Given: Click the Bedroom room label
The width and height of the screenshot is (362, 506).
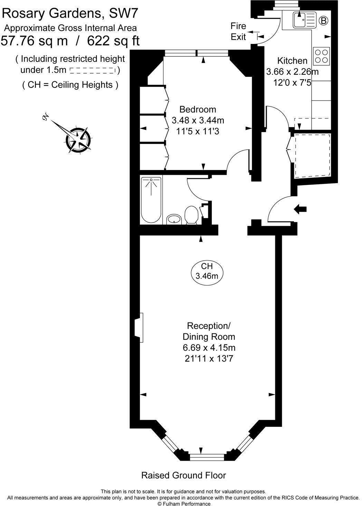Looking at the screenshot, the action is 198,109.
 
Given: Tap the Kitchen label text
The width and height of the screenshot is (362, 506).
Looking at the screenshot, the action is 292,61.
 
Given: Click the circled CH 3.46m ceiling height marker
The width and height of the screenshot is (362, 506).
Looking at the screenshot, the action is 207,271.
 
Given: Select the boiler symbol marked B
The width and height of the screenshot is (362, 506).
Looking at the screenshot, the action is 324,21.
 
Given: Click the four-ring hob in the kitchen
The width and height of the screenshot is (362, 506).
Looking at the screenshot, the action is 321,56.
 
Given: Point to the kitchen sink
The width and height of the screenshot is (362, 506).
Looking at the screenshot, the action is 305,20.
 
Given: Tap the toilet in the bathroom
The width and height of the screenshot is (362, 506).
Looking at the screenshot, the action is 191,215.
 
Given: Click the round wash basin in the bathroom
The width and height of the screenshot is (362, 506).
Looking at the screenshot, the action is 174,219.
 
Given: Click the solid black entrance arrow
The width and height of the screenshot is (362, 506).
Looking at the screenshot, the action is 300,209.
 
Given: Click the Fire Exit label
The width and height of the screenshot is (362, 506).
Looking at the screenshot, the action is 238,31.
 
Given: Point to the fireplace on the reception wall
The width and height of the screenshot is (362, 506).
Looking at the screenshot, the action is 139,328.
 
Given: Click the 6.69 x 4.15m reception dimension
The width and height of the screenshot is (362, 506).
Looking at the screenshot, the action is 209,347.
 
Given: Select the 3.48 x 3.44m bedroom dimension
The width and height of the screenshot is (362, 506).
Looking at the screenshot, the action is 198,120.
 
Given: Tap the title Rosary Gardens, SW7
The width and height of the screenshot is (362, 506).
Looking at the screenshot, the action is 69,13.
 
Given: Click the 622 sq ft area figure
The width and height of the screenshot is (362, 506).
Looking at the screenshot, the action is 113,41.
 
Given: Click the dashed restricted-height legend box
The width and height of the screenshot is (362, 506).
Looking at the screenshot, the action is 93,71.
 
